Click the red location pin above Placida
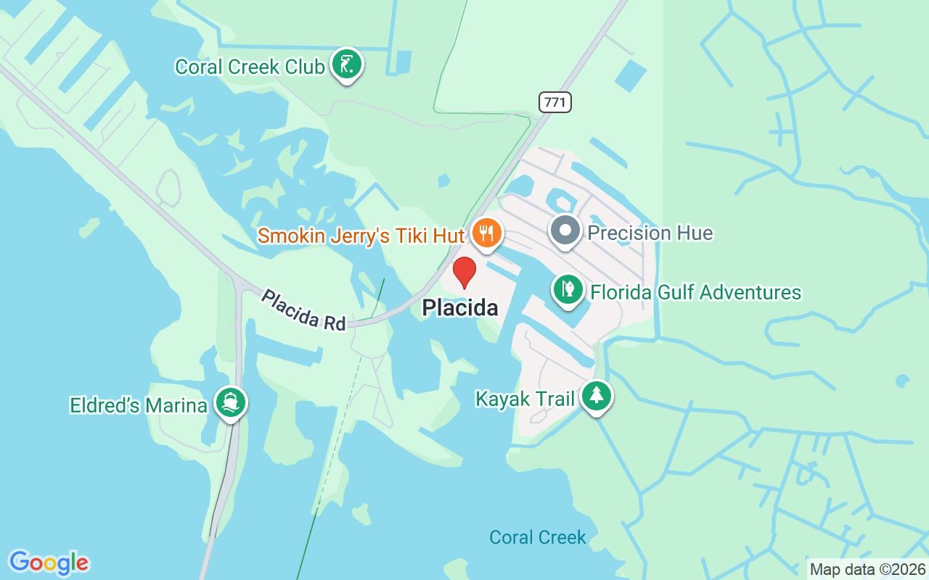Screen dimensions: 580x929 464,271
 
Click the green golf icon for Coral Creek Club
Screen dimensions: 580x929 347,64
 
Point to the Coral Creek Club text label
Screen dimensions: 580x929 249,67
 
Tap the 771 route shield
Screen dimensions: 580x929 555,102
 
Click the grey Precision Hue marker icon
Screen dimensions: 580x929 565,231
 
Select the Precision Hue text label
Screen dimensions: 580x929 650,233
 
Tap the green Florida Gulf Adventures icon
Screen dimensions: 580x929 568,290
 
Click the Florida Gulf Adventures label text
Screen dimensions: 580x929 695,293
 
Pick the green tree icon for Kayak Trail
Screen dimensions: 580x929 596,395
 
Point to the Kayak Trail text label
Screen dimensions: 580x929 525,399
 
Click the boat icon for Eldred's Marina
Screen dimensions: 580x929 231,402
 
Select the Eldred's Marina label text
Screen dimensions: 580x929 138,405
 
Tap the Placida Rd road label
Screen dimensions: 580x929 303,310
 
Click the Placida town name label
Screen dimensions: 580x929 460,308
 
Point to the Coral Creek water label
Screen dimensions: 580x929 537,537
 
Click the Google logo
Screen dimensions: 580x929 49,562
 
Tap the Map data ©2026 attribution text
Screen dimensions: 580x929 867,570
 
